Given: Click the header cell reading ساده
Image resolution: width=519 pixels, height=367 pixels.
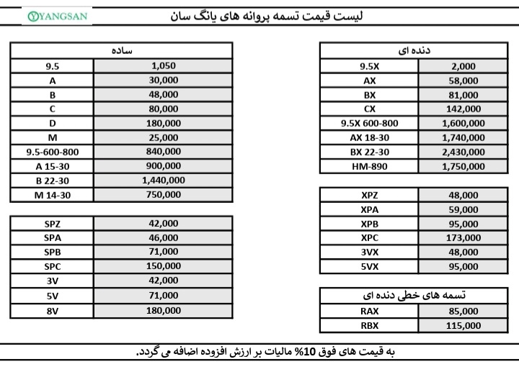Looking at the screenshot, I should pos(121,51).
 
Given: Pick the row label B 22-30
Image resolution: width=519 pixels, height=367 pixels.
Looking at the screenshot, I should pos(53,181).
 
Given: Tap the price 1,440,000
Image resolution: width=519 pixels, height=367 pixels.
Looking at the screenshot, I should pos(164,181).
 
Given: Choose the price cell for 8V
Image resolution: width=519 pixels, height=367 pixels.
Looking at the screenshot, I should pos(164,311).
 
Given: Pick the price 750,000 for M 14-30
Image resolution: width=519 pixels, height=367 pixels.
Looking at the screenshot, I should pos(164,195).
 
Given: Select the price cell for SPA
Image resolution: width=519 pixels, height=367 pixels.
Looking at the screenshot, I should pos(164,238).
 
